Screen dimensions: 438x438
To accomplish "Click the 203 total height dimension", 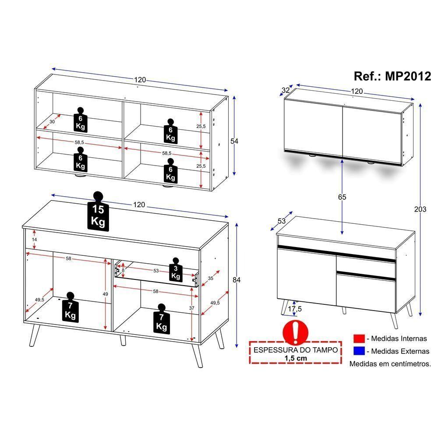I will (x=420, y=209).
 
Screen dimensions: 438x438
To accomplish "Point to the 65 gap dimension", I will (x=342, y=197).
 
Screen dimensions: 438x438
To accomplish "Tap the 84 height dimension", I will (x=237, y=280).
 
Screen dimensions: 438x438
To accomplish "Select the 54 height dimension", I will (x=234, y=141).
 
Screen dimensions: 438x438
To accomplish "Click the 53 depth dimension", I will (x=281, y=222).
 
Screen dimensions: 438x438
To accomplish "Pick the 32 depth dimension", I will (x=286, y=91).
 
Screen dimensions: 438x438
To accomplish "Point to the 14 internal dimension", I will (x=34, y=240).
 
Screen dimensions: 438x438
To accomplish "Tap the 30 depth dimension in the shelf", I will (x=52, y=121).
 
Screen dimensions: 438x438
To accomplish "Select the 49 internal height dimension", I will (x=105, y=294).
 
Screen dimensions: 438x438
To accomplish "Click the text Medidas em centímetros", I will (x=390, y=363).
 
